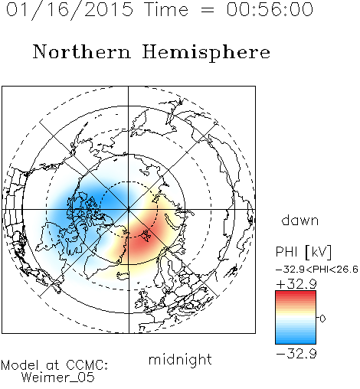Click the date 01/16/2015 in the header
[70, 10]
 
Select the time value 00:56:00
[270, 9]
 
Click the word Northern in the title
[82, 51]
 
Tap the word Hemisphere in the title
[206, 52]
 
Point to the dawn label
[300, 220]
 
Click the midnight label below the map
[180, 359]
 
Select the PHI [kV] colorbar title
[303, 252]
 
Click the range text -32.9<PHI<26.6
[316, 270]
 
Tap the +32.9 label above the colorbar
[296, 284]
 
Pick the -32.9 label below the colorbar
[296, 354]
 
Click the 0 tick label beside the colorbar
[322, 319]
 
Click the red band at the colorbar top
[296, 294]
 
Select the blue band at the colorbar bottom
[296, 341]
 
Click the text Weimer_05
[57, 378]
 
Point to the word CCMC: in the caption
[87, 365]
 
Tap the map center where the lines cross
[129, 210]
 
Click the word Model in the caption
[20, 365]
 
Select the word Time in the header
[166, 9]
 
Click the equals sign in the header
[208, 10]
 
